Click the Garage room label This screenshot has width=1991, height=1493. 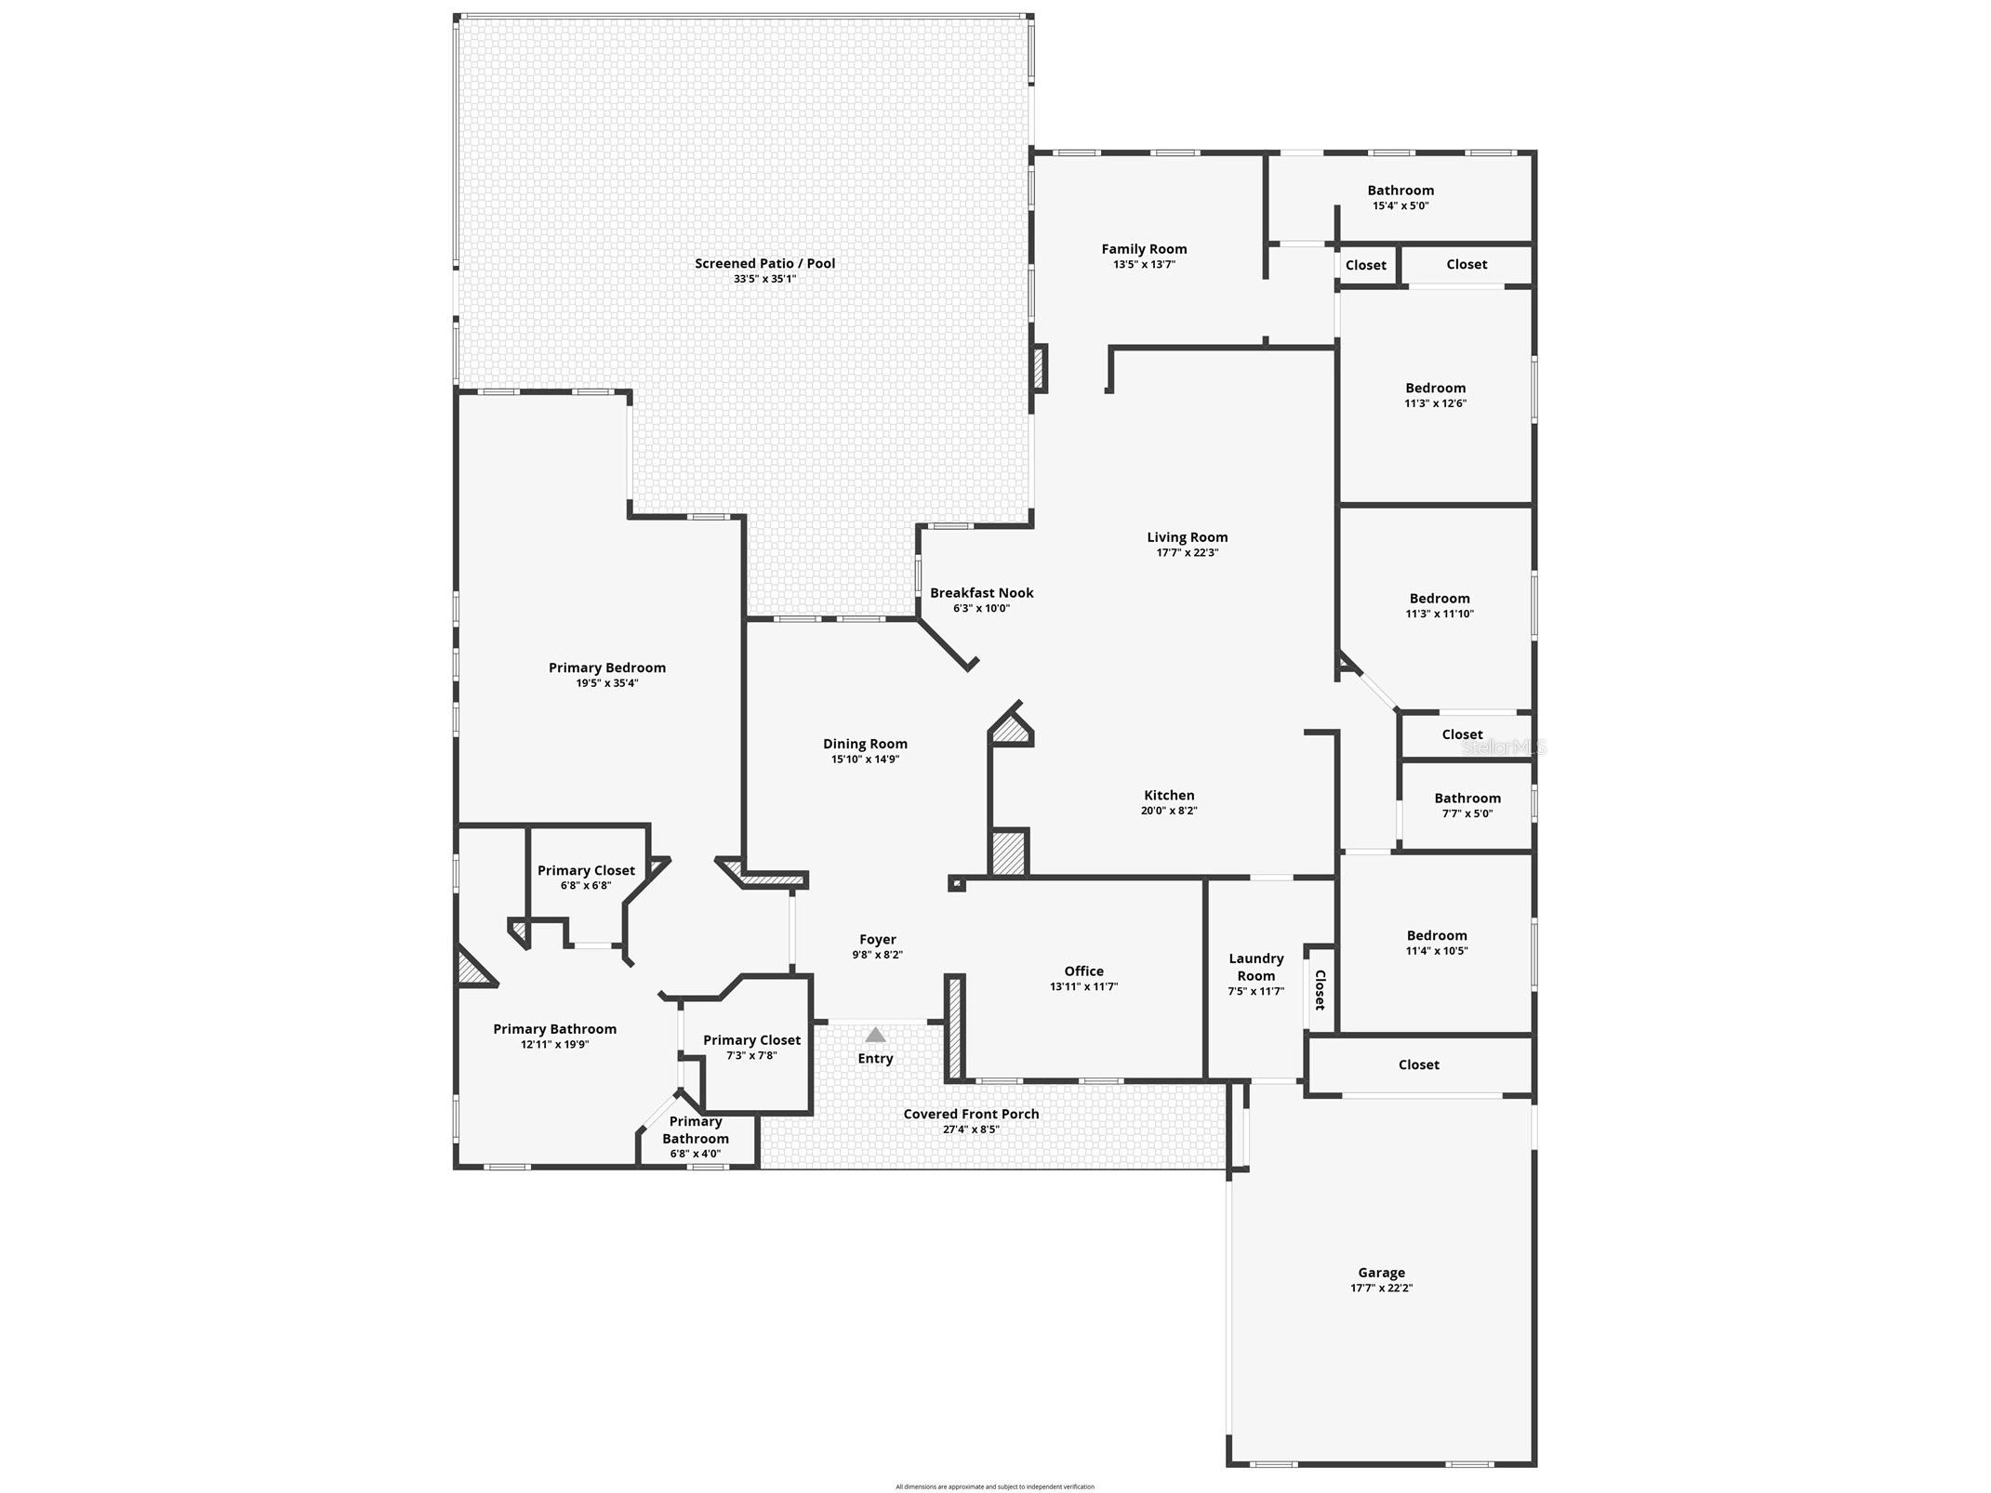[1381, 1273]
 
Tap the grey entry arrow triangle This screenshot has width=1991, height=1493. [875, 1035]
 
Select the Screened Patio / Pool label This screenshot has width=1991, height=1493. [764, 263]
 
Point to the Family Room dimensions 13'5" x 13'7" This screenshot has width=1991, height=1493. [1144, 264]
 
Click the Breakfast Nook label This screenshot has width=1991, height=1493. [981, 592]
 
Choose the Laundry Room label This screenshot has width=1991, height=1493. [1255, 967]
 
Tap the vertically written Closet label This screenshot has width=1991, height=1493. [1319, 990]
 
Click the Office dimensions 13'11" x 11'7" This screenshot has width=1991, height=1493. [1083, 986]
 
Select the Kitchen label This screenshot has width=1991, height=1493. [1169, 795]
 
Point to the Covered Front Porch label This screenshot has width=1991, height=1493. [971, 1114]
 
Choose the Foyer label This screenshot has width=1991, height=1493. [877, 939]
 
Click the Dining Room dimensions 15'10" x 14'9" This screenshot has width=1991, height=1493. [865, 759]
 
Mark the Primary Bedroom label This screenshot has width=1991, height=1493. [606, 667]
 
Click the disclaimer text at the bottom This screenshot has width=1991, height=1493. [994, 1486]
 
